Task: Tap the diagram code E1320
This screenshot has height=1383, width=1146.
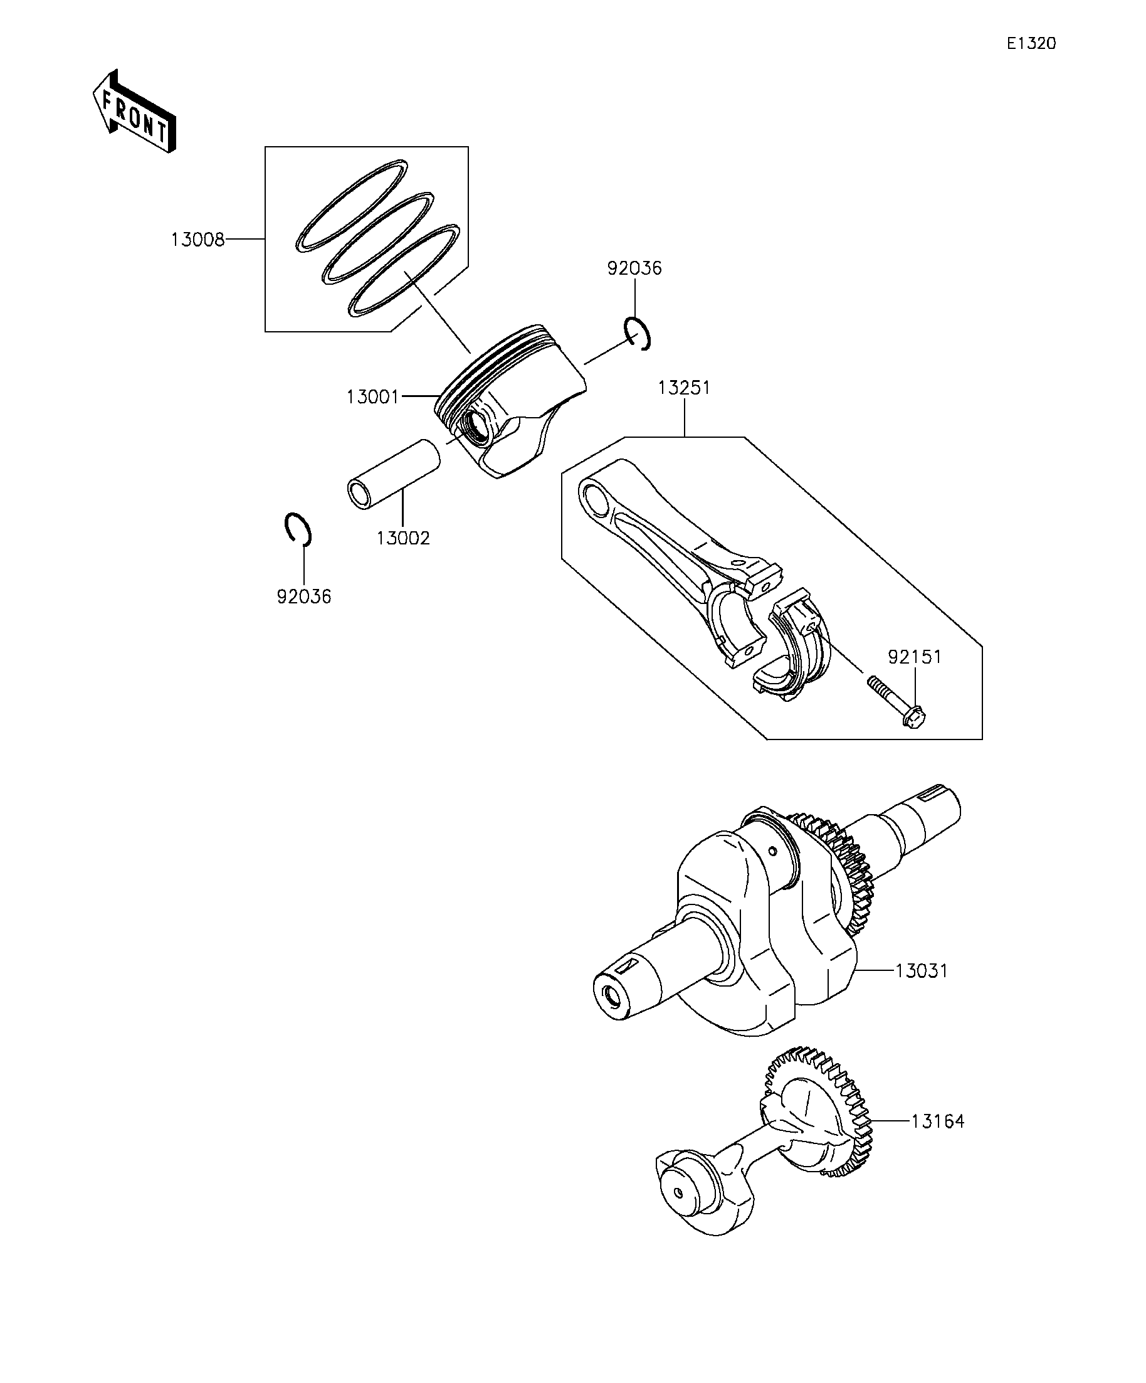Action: (1031, 44)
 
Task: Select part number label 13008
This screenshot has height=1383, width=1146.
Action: (197, 240)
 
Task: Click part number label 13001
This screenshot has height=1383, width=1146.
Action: (372, 397)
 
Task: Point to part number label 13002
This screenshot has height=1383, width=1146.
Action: (403, 539)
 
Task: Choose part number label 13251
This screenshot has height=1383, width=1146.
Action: (684, 388)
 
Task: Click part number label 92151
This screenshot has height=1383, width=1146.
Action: (914, 657)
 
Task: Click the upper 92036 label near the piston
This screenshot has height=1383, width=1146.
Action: (634, 268)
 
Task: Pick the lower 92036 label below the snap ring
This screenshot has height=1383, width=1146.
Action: (304, 596)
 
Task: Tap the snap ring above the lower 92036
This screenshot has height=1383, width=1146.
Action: (298, 528)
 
